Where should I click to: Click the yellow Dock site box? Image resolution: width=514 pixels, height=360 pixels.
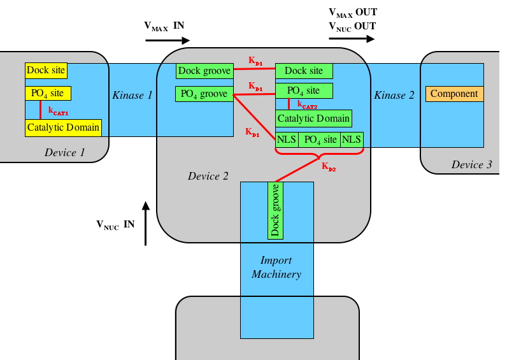click(x=46, y=70)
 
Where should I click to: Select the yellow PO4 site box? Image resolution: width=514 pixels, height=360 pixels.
click(x=48, y=94)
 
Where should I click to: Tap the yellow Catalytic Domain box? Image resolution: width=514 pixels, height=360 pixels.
click(x=63, y=127)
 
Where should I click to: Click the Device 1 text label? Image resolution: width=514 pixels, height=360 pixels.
click(x=64, y=152)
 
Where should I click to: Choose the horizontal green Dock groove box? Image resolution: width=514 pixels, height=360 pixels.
click(x=204, y=71)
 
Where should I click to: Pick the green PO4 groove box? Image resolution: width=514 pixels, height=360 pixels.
click(x=204, y=94)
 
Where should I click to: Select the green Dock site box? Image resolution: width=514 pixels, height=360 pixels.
click(x=303, y=71)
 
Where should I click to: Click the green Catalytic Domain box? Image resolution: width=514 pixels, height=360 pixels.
click(x=313, y=118)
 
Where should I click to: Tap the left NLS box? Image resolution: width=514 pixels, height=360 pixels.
click(x=287, y=140)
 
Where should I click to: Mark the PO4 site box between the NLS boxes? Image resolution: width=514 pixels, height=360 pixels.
click(x=319, y=140)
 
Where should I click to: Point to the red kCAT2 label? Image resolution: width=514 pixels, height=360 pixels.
click(x=307, y=104)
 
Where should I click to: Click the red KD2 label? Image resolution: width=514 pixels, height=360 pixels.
click(x=329, y=167)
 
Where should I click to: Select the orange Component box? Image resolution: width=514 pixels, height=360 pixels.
click(x=454, y=94)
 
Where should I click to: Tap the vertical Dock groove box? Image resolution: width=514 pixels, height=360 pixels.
click(x=275, y=210)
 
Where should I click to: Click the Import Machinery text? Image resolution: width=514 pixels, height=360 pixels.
click(x=276, y=268)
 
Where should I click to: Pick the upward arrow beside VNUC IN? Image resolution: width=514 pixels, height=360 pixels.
click(x=146, y=224)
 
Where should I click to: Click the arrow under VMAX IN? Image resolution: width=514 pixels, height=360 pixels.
click(x=168, y=40)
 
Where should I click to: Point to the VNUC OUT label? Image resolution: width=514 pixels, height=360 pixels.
click(x=352, y=26)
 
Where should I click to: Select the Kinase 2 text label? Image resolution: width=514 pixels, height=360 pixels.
click(x=394, y=96)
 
